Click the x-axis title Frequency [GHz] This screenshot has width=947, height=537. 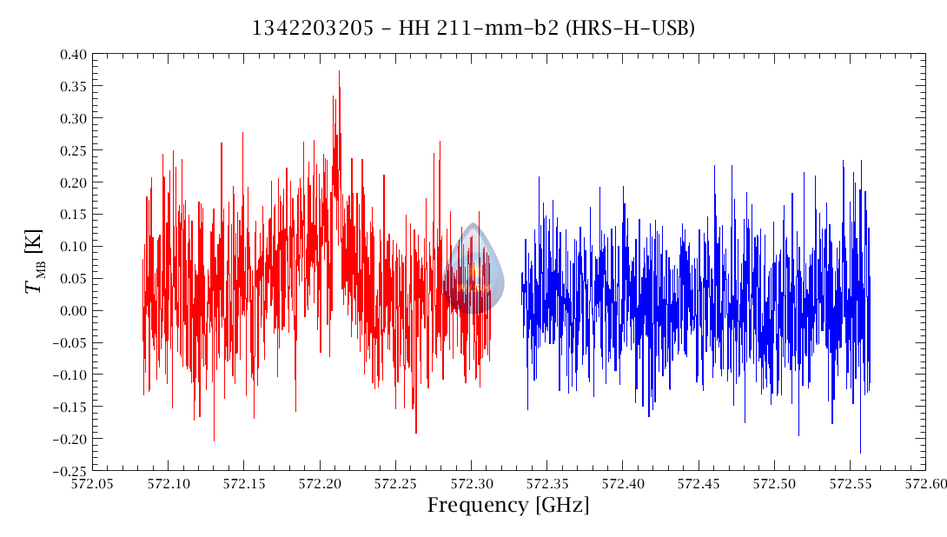507,506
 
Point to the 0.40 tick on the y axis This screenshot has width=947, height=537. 74,54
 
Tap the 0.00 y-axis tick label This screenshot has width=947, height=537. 74,310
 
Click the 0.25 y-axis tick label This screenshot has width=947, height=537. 74,150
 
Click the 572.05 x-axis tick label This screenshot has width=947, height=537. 93,483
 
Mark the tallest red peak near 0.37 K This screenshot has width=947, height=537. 339,71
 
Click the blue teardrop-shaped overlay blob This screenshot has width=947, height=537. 473,269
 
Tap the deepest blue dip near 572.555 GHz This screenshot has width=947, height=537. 860,452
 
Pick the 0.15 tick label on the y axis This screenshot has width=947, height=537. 74,215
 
